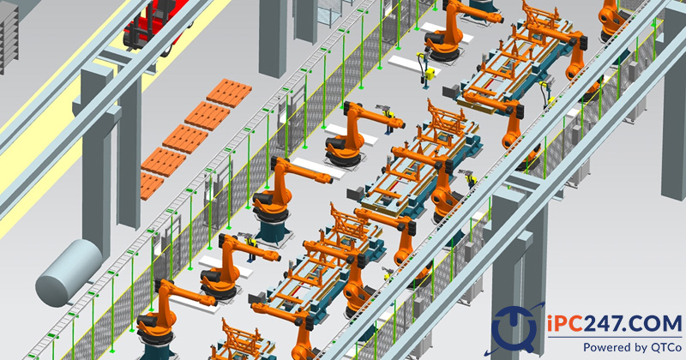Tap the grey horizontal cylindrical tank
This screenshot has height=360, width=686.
pos(69,272)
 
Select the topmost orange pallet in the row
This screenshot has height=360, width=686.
pos(229,93)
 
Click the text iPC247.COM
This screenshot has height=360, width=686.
pos(614,324)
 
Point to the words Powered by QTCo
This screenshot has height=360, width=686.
pos(632,347)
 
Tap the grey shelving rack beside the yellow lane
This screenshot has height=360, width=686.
pos(9,37)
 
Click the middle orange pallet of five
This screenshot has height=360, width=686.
pos(185,139)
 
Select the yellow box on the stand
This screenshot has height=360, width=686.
pos(430,74)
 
